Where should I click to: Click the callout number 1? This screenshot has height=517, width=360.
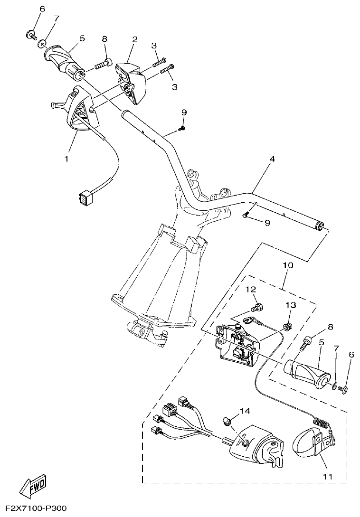(66, 158)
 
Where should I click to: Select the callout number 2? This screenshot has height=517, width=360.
(134, 39)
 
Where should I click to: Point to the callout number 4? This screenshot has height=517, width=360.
(272, 159)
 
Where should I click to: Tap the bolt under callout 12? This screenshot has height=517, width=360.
(257, 308)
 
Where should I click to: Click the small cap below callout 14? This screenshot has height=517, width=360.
(228, 421)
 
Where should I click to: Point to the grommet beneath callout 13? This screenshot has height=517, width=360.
(287, 326)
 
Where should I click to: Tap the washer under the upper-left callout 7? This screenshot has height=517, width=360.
(42, 44)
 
